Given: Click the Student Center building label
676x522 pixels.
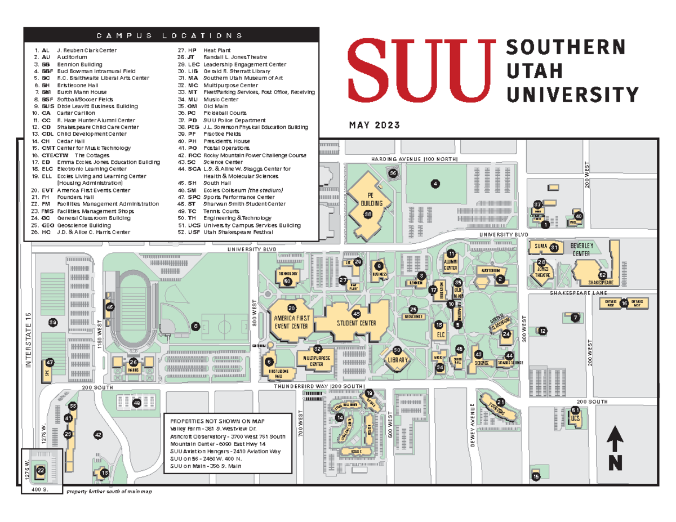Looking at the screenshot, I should (356, 323).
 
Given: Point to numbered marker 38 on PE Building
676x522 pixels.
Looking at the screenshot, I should (368, 214).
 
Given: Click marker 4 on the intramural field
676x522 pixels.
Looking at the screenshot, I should (435, 184).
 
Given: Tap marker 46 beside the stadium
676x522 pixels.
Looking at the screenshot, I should (110, 307).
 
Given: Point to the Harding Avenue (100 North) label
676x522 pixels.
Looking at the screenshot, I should (414, 159).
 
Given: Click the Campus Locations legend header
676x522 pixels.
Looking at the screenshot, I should (170, 35).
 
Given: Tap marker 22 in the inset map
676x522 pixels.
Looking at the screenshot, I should (41, 470).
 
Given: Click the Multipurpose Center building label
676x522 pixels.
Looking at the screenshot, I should (317, 360).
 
